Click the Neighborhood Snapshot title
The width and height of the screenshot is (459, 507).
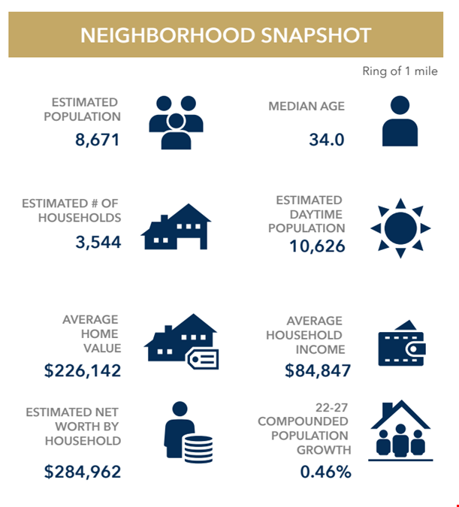[x=225, y=35]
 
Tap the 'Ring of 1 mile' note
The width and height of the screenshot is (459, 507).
[x=399, y=71]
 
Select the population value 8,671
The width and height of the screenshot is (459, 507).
[x=97, y=139]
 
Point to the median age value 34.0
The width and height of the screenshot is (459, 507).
[x=326, y=139]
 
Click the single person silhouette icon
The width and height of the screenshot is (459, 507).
[x=400, y=120]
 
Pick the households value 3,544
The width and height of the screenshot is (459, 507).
[x=97, y=241]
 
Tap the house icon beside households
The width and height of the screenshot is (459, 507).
[x=176, y=227]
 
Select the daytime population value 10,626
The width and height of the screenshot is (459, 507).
[x=317, y=246]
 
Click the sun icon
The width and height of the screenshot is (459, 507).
[x=400, y=228]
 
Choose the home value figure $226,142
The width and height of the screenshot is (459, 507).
[x=83, y=370]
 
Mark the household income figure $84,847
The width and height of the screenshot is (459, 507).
[x=317, y=370]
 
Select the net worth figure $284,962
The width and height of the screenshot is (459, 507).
[x=83, y=472]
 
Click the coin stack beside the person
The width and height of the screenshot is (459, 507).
[x=197, y=449]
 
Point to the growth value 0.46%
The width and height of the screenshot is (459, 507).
[x=325, y=472]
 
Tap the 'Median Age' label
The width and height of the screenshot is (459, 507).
[x=307, y=106]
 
